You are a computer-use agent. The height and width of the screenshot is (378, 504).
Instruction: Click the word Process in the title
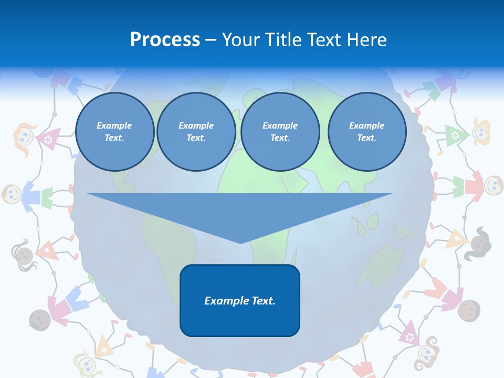click(x=165, y=40)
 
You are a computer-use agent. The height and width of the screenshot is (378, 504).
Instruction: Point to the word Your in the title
click(x=241, y=40)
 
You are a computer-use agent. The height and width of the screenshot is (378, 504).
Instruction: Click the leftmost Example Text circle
click(x=114, y=132)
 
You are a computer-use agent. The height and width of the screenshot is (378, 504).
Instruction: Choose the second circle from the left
click(x=196, y=132)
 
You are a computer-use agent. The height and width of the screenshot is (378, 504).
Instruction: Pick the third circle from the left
click(x=280, y=132)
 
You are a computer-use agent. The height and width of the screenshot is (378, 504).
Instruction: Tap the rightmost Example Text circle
click(x=366, y=132)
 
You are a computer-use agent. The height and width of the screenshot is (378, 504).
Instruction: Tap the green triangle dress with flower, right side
click(x=455, y=135)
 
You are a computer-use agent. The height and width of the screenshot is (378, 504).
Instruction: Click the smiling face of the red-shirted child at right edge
click(x=493, y=184)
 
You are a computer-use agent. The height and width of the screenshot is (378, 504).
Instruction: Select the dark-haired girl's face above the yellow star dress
click(x=479, y=243)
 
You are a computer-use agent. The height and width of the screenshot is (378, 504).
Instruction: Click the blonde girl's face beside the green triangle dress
click(x=481, y=132)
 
